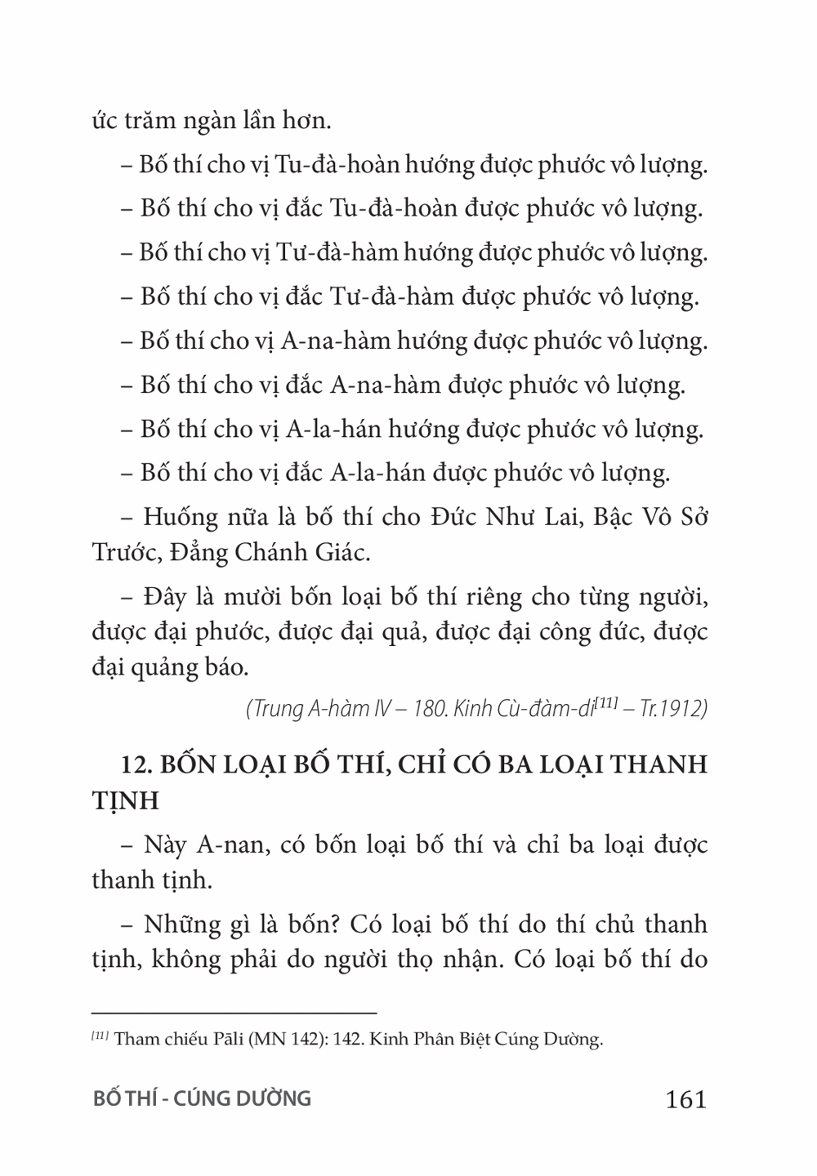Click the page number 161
[685, 1099]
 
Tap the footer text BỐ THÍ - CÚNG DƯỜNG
[203, 1098]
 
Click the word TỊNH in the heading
[124, 800]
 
